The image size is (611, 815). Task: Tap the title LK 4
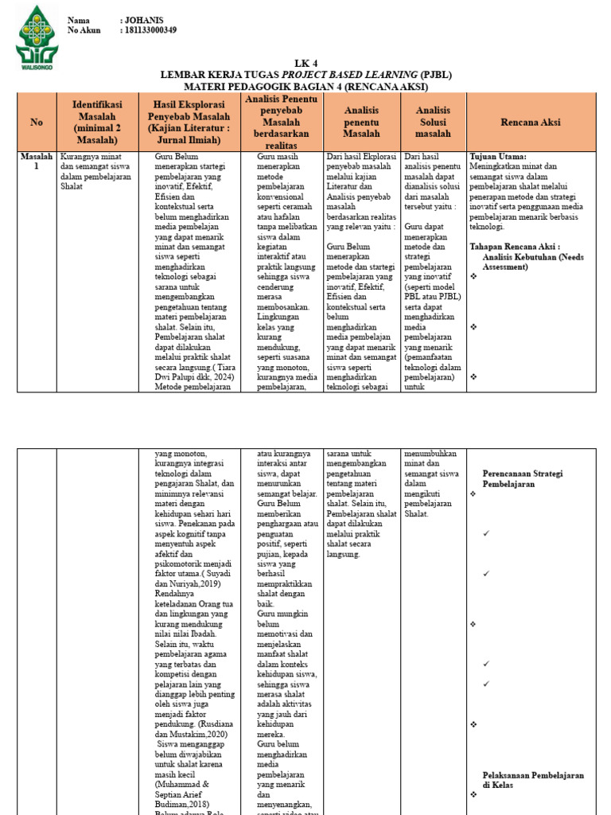point(305,64)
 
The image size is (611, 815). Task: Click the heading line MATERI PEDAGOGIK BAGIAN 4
point(305,86)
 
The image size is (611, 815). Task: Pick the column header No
point(37,122)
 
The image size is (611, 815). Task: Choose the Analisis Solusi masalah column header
point(433,122)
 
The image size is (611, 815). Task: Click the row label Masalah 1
point(37,162)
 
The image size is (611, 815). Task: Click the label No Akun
point(85,30)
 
